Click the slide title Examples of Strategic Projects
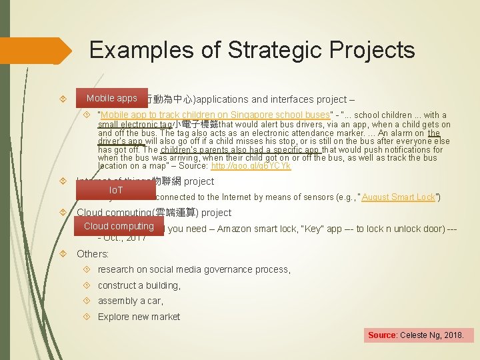click(252, 49)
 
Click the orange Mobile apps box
click(111, 99)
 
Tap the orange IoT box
click(115, 191)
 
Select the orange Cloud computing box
click(119, 227)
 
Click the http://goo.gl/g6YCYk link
click(251, 166)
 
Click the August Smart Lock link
click(398, 197)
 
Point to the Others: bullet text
click(92, 253)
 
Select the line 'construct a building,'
click(139, 285)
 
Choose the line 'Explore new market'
click(139, 317)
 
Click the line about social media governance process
click(193, 269)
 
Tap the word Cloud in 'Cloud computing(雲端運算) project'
click(91, 213)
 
